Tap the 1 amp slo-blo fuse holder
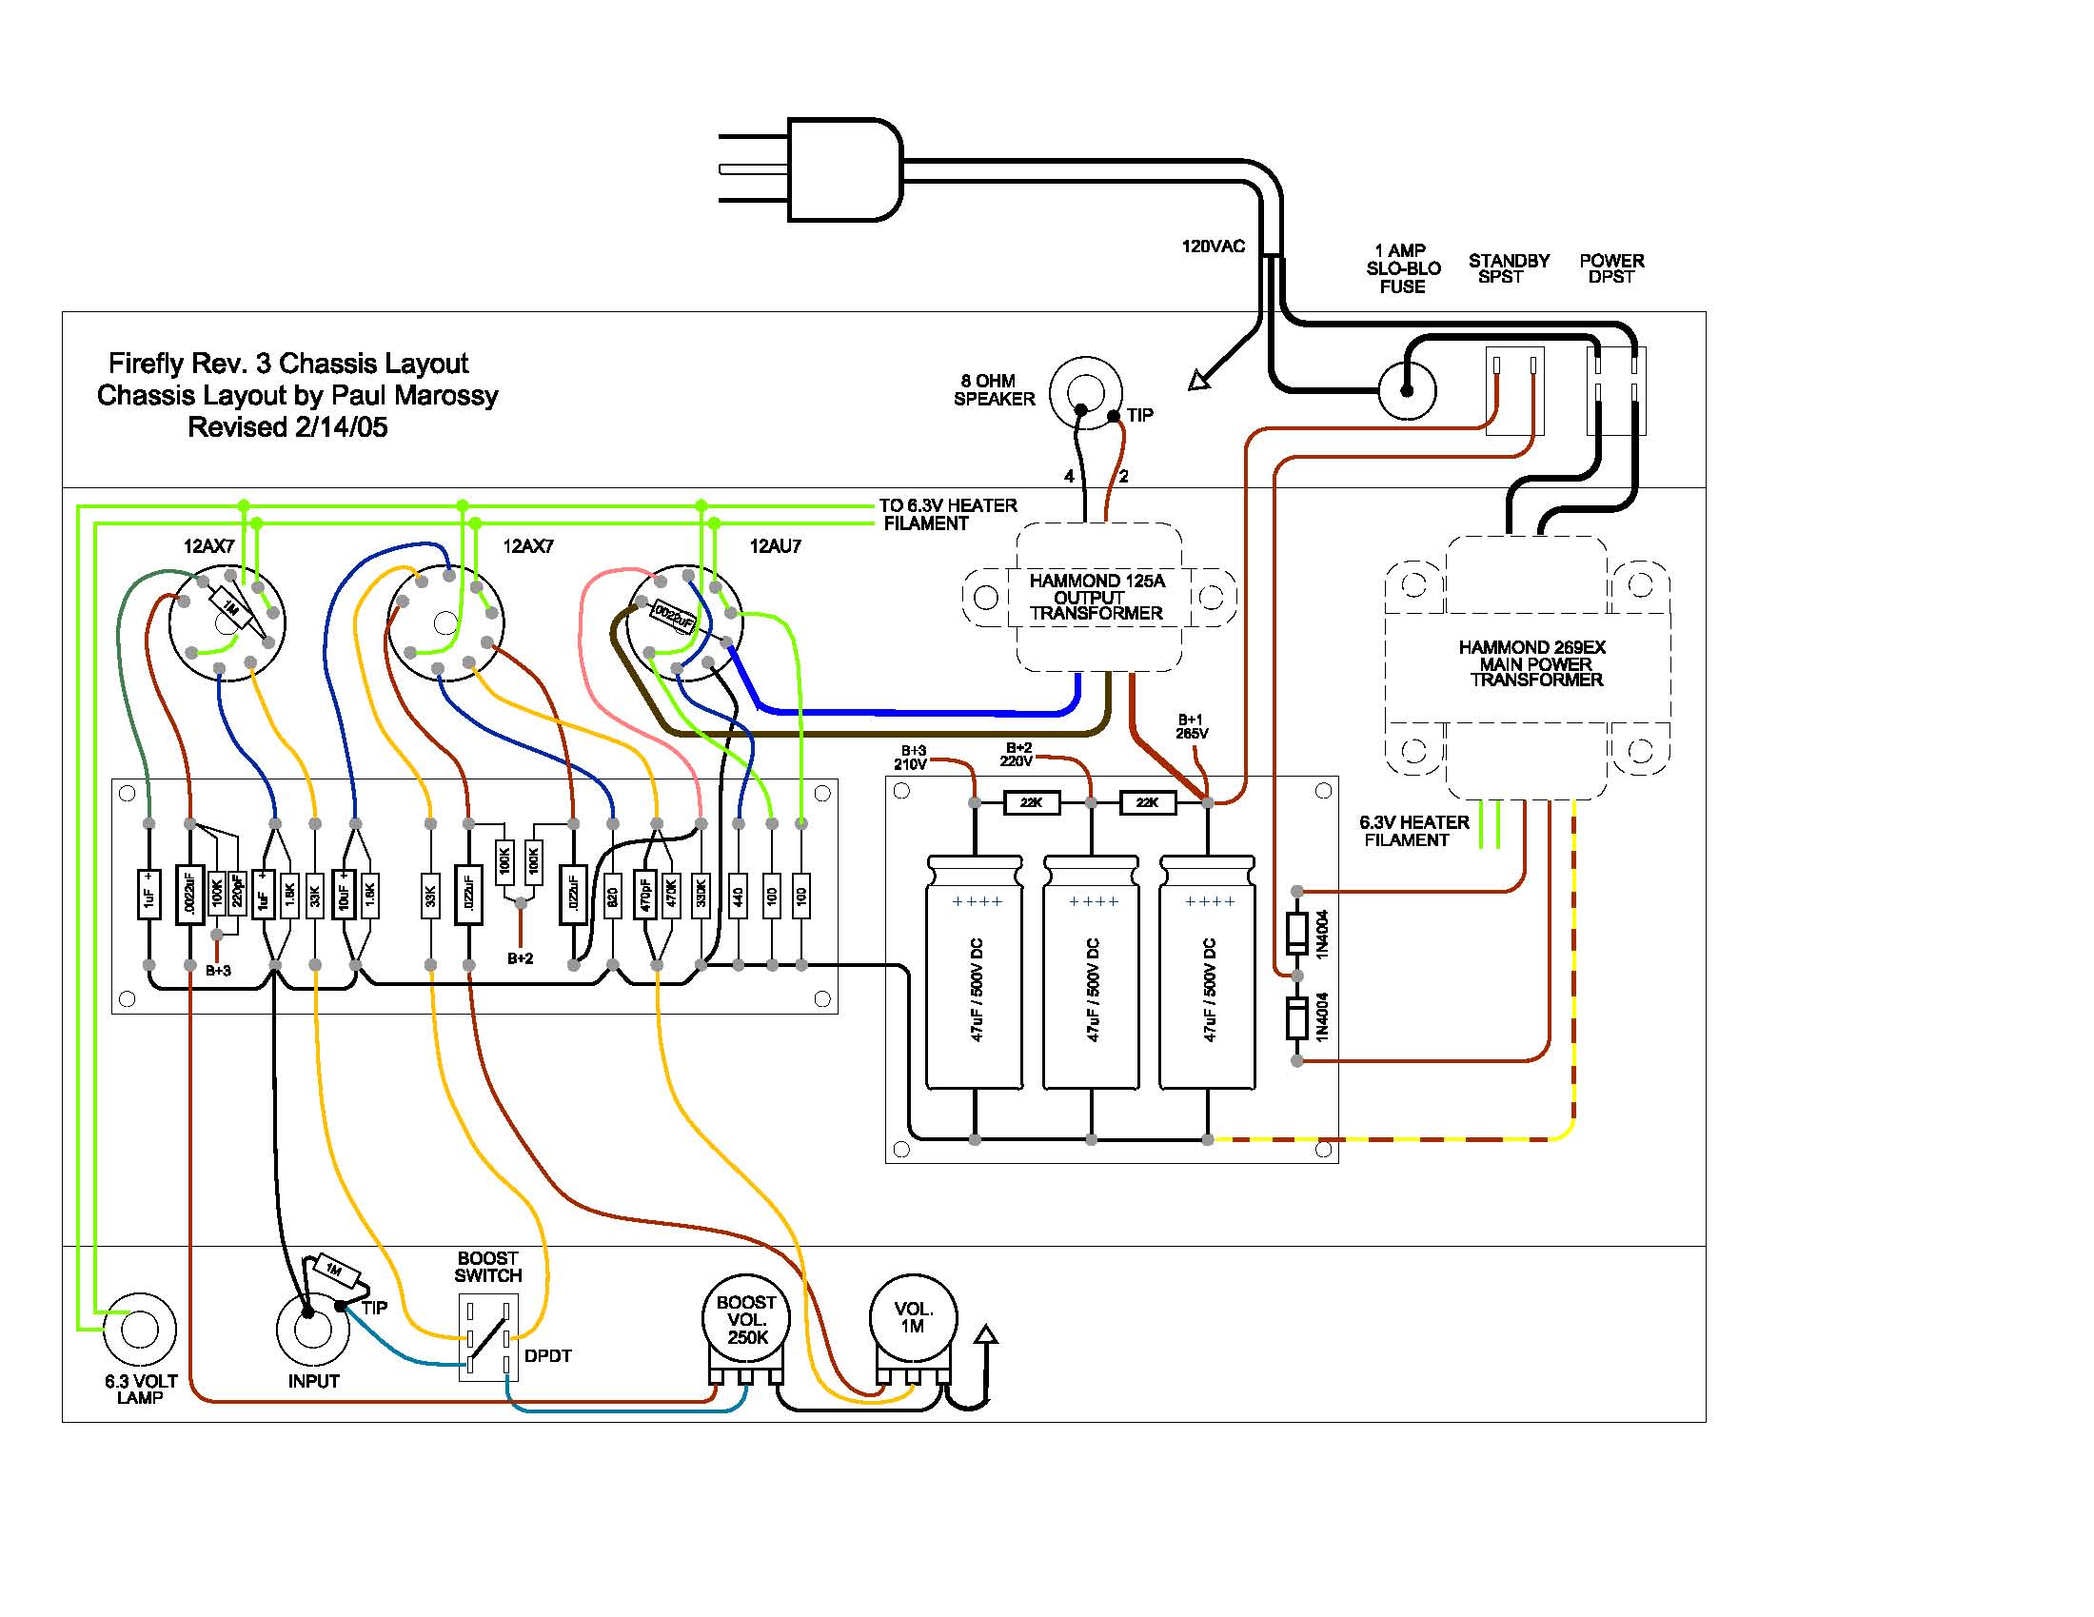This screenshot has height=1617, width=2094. (x=1407, y=390)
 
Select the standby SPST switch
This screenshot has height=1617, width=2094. (x=1514, y=390)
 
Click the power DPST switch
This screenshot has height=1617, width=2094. (x=1615, y=390)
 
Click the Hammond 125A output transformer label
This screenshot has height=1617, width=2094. (x=1096, y=596)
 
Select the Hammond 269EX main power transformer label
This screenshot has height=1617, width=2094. (x=1534, y=663)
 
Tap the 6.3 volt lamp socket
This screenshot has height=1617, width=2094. (x=139, y=1330)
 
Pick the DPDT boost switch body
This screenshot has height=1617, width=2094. (x=488, y=1336)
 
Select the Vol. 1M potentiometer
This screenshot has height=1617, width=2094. (x=913, y=1318)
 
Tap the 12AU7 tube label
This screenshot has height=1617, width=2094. (x=775, y=546)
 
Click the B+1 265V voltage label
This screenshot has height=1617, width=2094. (x=1191, y=726)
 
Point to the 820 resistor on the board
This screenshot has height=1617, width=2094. (x=612, y=897)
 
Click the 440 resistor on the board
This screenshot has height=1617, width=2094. (x=738, y=897)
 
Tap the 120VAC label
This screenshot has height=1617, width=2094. (x=1212, y=246)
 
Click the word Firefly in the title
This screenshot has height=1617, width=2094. (x=145, y=364)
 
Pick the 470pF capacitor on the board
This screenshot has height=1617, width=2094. (x=644, y=895)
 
